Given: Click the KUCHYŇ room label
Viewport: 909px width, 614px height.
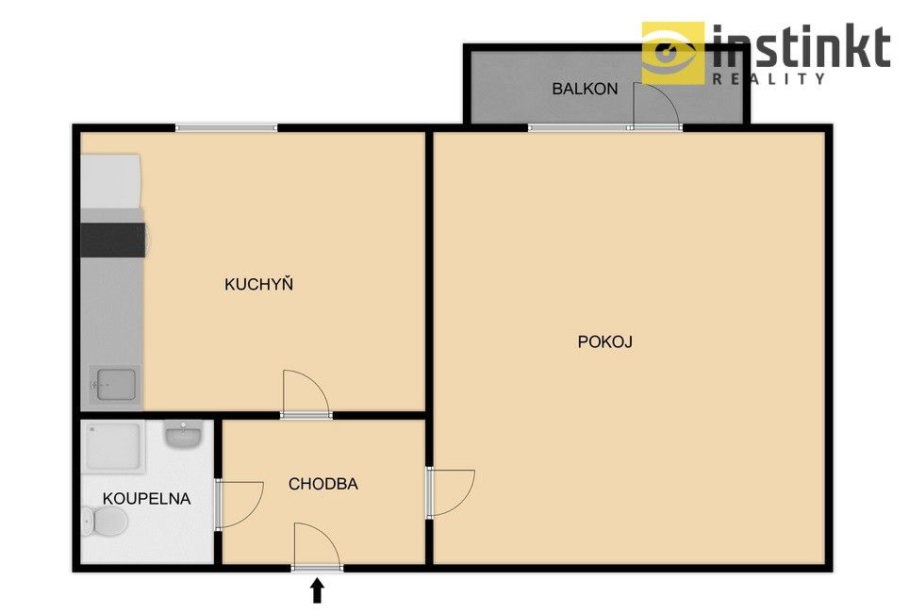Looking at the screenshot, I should (258, 284).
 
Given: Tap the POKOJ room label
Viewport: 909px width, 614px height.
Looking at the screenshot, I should (604, 341).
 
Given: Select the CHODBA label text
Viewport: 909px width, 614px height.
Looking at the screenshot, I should (322, 484).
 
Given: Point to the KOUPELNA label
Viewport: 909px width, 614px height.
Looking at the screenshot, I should (146, 499).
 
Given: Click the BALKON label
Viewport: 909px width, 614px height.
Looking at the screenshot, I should (585, 89).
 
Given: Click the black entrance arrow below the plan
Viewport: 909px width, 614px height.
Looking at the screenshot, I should (317, 590).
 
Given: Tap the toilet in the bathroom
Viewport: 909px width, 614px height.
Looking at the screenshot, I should (105, 520).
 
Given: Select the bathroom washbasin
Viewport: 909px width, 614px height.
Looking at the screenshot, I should (183, 435).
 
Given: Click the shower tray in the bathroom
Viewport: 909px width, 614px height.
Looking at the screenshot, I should (115, 447).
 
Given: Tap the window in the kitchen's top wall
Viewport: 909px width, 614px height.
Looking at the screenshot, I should (226, 127).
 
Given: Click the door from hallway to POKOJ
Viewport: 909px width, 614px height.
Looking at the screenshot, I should (451, 492).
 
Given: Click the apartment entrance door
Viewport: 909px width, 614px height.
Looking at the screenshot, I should (316, 546).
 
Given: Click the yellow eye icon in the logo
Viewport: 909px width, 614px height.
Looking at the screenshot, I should (672, 54).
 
